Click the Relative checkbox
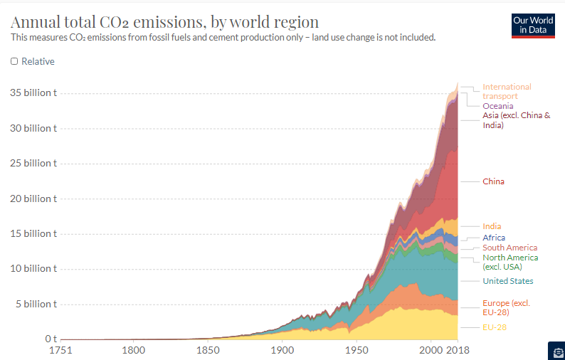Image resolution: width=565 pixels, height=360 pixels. tap(14, 61)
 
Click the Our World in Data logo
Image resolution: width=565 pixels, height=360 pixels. tap(533, 25)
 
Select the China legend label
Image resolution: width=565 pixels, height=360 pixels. tap(493, 181)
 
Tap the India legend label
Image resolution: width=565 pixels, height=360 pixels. tap(492, 226)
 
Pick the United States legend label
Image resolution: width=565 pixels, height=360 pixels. tap(507, 281)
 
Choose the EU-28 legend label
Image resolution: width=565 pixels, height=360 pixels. tap(495, 327)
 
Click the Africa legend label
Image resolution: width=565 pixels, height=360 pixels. tap(494, 238)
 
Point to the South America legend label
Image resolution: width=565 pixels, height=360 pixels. tap(509, 248)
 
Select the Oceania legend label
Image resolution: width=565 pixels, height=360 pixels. tap(497, 106)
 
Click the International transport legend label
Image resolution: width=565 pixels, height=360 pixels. tap(507, 91)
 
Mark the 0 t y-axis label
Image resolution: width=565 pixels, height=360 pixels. tap(51, 339)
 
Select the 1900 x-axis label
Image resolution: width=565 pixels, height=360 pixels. tap(282, 350)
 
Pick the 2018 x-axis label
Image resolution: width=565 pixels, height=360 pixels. tap(457, 350)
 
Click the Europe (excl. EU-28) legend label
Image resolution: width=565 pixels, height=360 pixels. tap(506, 307)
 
